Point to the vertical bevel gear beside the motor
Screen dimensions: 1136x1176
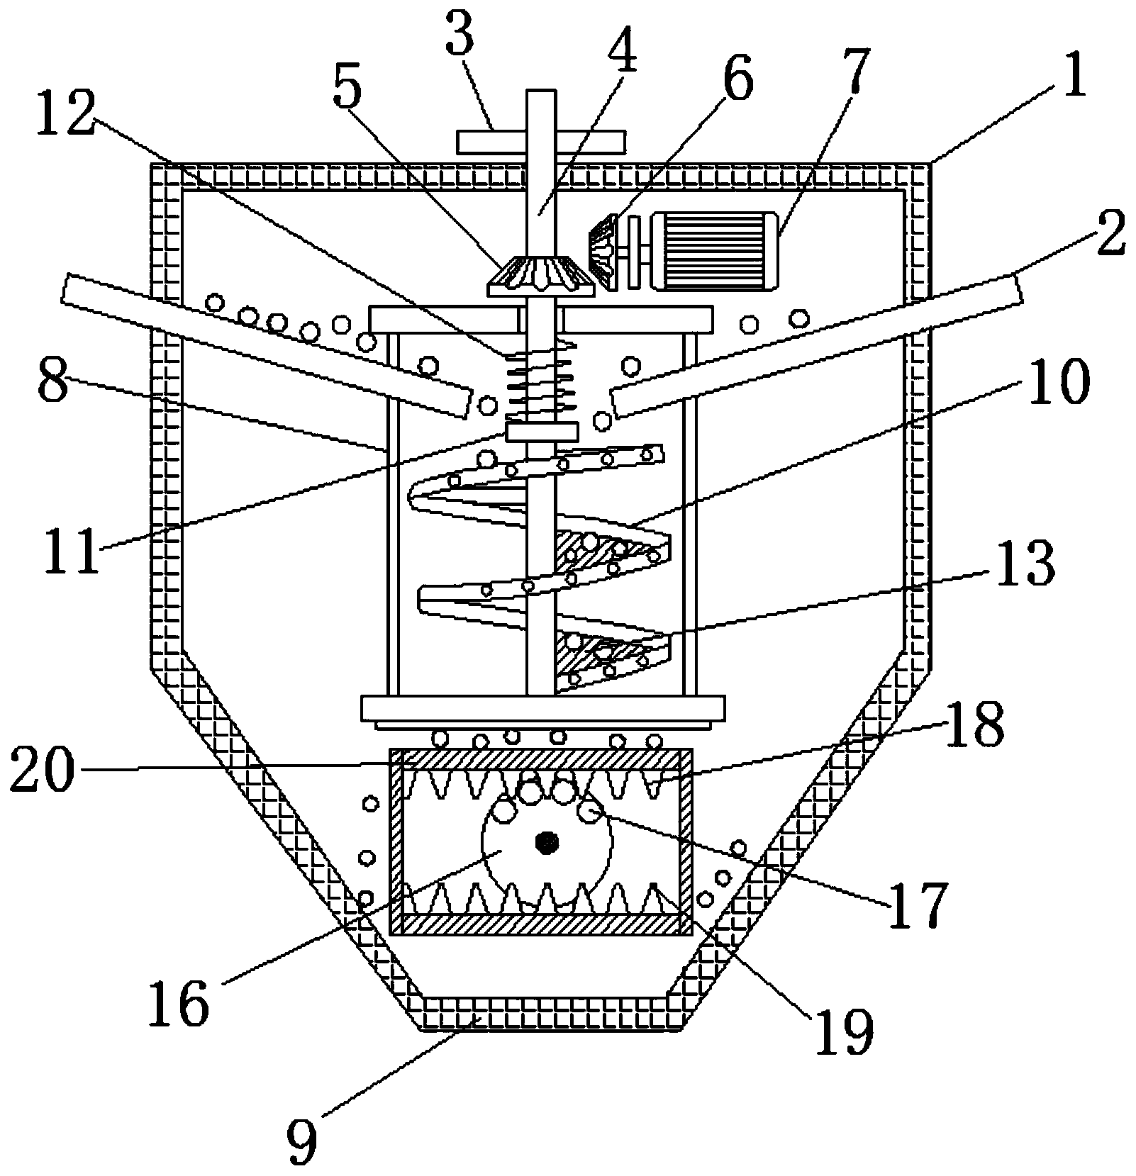point(601,252)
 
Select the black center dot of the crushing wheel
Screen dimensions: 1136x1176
point(547,843)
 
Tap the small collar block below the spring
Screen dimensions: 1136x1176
point(542,432)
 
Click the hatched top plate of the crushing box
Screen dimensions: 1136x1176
point(540,759)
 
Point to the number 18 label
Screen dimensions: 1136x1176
point(972,724)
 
